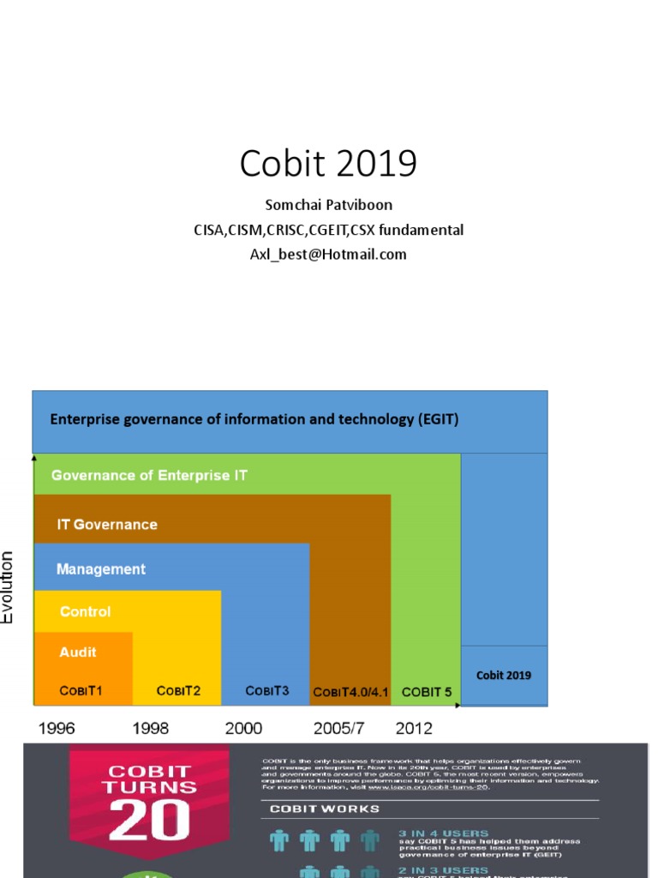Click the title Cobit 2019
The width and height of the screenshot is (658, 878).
click(328, 163)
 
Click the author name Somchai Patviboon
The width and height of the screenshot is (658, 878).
click(328, 207)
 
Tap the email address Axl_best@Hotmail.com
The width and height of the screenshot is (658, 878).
click(328, 254)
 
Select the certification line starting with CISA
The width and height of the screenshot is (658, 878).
click(328, 230)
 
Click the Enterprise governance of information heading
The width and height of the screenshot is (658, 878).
click(254, 419)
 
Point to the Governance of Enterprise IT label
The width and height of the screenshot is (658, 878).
click(149, 475)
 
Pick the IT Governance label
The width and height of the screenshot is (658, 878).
click(107, 524)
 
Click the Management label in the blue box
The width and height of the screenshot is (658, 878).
click(101, 569)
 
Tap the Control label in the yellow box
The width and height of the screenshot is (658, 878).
click(85, 612)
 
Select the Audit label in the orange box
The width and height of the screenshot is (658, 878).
click(78, 652)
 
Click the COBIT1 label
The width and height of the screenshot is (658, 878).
click(81, 690)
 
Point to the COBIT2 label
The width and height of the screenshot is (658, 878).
click(178, 690)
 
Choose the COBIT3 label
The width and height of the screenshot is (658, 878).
click(267, 690)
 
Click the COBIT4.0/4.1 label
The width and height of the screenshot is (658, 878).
click(350, 692)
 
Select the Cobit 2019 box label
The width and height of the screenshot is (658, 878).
click(504, 675)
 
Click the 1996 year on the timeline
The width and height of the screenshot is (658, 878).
click(57, 729)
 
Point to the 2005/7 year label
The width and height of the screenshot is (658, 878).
click(338, 729)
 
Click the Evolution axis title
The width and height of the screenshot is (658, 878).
click(8, 587)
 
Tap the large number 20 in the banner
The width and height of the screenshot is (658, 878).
click(151, 822)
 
